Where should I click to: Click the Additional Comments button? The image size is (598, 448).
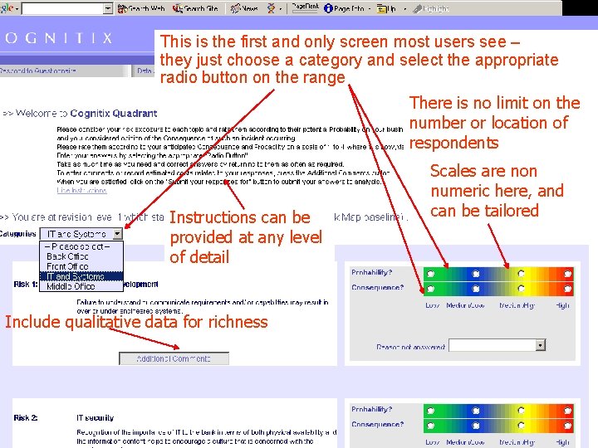174,358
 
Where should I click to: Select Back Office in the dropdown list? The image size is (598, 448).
67,257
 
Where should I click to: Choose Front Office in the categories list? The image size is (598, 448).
67,267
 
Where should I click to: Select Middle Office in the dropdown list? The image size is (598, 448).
71,287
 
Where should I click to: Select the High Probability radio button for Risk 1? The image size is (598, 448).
566,273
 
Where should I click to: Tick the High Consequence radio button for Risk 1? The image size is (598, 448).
566,289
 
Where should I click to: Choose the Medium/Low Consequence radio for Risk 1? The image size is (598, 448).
476,289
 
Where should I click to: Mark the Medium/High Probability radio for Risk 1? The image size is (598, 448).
521,273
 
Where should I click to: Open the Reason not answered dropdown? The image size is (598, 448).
540,345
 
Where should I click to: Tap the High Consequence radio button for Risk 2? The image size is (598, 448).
566,425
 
